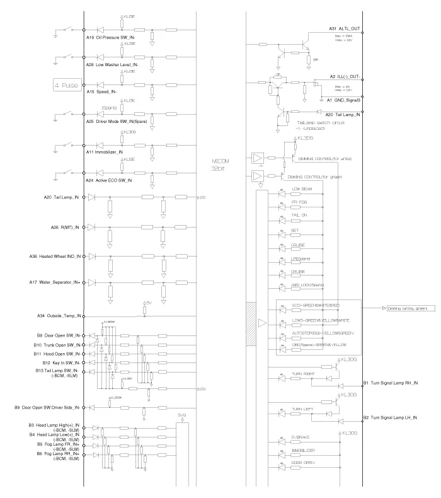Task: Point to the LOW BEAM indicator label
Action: coord(302,189)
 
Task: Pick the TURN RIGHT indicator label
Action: coord(303,374)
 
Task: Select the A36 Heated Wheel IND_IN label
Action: coord(55,257)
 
